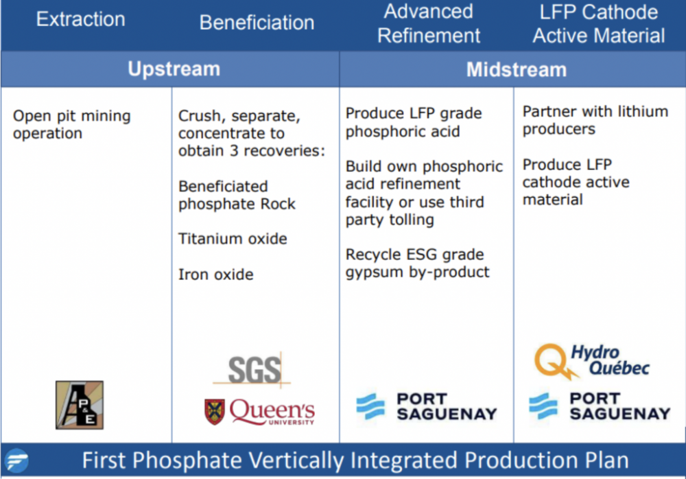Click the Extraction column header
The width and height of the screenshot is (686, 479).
click(80, 19)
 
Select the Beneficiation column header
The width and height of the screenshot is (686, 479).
click(257, 23)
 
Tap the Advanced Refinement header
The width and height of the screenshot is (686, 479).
click(429, 23)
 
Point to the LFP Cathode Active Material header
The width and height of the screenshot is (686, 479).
click(598, 23)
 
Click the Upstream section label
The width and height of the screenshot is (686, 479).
click(174, 69)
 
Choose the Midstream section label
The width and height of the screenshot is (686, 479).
click(517, 69)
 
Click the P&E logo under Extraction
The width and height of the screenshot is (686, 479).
click(80, 405)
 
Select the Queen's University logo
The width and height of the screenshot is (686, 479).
click(259, 412)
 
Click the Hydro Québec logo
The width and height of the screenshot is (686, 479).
click(592, 361)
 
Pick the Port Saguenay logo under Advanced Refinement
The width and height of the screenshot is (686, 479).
click(427, 406)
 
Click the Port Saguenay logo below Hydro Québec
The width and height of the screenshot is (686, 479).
click(600, 406)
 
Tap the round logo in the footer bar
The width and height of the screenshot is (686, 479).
click(16, 460)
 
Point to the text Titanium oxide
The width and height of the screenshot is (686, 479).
click(233, 239)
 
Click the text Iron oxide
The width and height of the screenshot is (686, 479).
click(215, 274)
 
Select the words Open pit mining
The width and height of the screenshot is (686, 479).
click(72, 117)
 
